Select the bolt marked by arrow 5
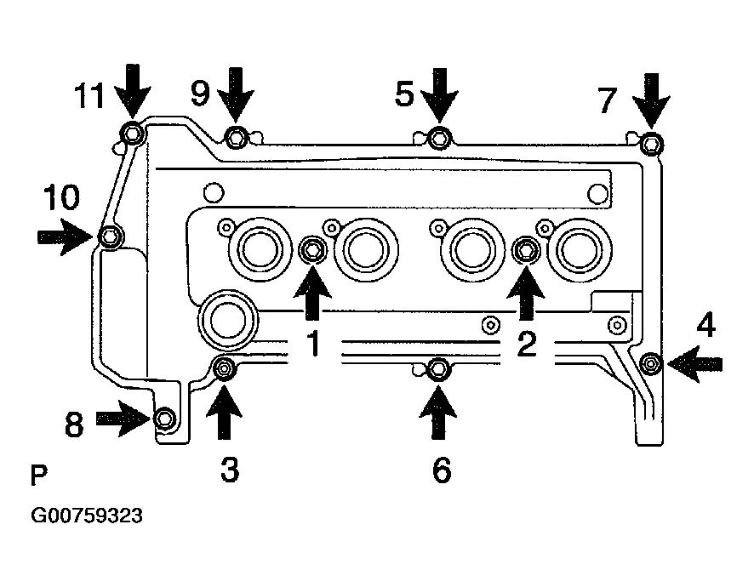click(x=438, y=137)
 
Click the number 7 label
click(x=607, y=100)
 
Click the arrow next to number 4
click(x=695, y=364)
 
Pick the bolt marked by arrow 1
click(x=312, y=249)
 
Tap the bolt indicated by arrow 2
click(x=526, y=249)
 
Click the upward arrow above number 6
click(x=438, y=411)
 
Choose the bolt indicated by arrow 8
click(x=166, y=418)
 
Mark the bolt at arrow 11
click(x=131, y=133)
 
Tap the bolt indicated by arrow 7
click(x=650, y=143)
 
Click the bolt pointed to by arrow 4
click(x=651, y=363)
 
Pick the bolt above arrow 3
click(x=224, y=368)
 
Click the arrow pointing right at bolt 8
click(x=122, y=418)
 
